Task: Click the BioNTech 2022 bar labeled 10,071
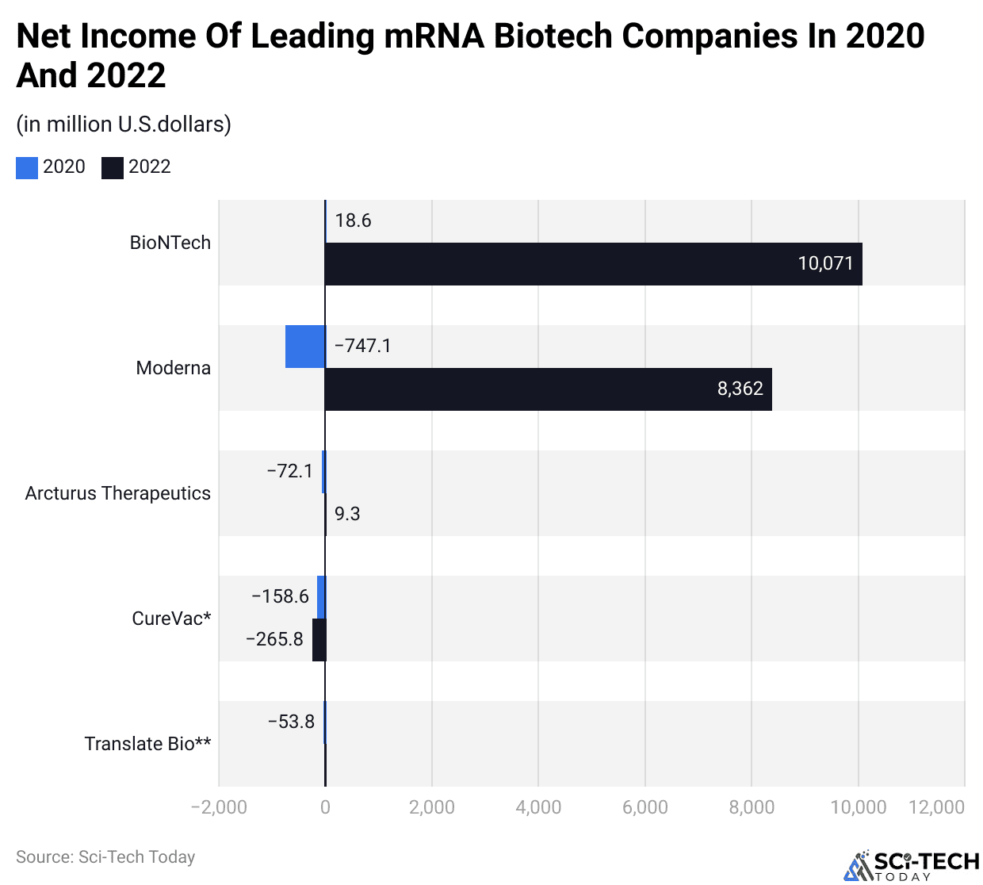593,264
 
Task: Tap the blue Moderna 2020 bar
305,347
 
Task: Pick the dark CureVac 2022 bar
319,639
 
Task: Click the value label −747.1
363,346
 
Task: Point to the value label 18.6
353,220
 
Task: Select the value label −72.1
289,471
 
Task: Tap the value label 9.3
347,514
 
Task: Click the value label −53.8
291,722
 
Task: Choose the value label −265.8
274,639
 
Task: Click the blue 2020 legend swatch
27,167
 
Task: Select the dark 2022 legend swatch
113,167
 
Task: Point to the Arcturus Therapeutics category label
118,493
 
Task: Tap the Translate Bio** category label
147,744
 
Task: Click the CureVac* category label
171,619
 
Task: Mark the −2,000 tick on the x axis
219,807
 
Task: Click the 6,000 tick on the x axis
645,807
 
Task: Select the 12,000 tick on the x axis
936,807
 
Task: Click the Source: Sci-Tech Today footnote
105,857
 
